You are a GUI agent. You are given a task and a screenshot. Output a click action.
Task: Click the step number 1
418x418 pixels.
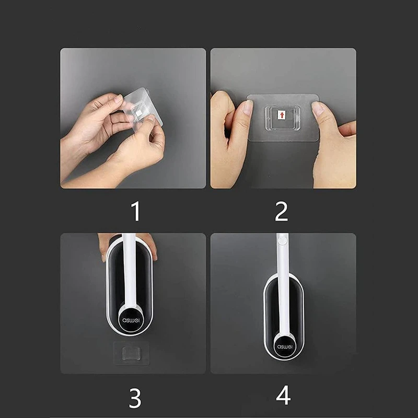click(x=136, y=211)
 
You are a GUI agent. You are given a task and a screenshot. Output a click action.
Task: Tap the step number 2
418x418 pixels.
click(x=282, y=211)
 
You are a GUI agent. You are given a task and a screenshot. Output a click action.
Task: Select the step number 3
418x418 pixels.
click(x=135, y=398)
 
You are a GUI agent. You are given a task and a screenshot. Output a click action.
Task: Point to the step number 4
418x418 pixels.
click(x=283, y=396)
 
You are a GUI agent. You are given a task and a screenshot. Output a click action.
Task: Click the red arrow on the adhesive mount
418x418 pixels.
click(x=282, y=115)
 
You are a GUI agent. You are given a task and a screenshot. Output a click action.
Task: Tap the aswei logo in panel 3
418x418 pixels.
click(x=131, y=320)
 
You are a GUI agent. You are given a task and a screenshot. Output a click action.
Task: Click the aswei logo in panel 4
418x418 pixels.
click(x=285, y=346)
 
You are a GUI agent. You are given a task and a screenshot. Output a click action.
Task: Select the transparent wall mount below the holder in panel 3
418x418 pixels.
click(x=131, y=353)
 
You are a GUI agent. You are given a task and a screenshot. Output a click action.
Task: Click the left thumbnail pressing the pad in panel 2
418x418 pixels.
click(x=249, y=106)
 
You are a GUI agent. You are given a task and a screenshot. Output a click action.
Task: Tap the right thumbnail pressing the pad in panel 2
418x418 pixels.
click(x=317, y=108)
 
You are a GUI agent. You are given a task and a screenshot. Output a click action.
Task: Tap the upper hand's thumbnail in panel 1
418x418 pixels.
click(x=119, y=99)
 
